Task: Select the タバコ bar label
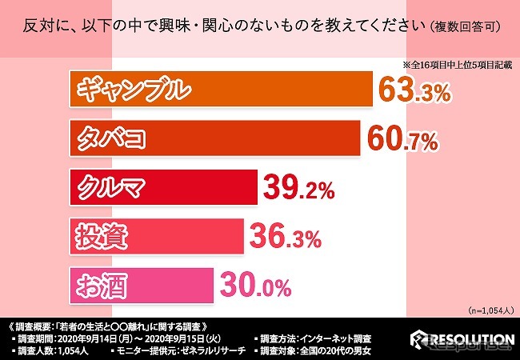111,139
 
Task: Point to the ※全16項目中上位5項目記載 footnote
455,65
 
